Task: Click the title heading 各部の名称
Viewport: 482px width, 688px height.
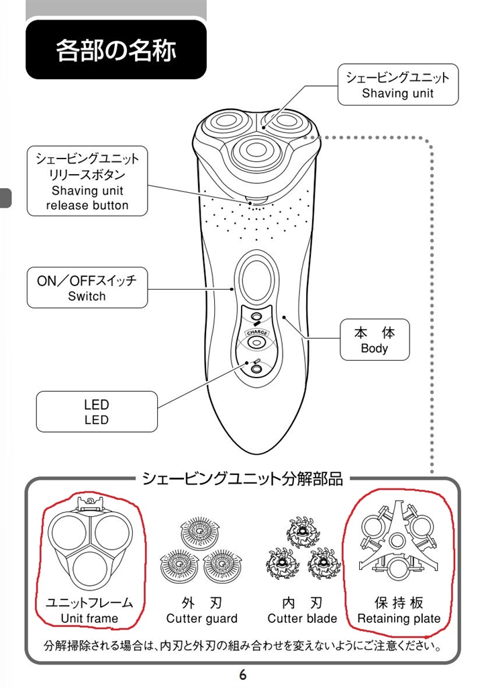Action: pyautogui.click(x=115, y=50)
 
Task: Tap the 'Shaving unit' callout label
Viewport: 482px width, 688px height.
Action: pyautogui.click(x=397, y=85)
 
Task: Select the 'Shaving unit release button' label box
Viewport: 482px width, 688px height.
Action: pyautogui.click(x=87, y=181)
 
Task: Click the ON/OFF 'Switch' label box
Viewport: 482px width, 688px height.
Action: pyautogui.click(x=87, y=288)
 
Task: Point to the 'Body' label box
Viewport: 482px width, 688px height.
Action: pyautogui.click(x=374, y=340)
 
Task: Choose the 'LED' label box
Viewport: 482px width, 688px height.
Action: pyautogui.click(x=97, y=412)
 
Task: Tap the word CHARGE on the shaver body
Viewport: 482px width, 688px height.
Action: pyautogui.click(x=256, y=333)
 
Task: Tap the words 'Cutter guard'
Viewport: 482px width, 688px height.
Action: pyautogui.click(x=202, y=618)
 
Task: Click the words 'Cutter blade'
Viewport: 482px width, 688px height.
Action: pyautogui.click(x=302, y=618)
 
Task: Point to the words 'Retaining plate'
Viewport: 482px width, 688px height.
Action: pyautogui.click(x=399, y=618)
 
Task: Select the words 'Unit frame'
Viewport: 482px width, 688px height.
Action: pyautogui.click(x=89, y=618)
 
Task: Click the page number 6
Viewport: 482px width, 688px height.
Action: pyautogui.click(x=242, y=675)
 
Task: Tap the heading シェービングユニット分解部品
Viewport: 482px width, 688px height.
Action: pyautogui.click(x=242, y=479)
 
